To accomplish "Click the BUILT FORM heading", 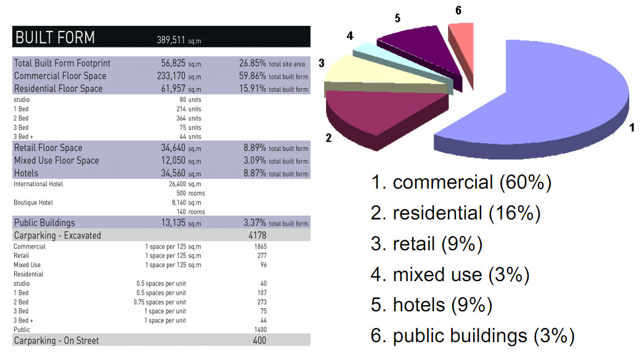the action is pos(55,37).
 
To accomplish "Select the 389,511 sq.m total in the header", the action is pos(179,40).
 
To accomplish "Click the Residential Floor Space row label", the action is pos(58,89).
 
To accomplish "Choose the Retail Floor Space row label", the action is pos(48,148).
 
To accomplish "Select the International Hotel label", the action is pos(38,184).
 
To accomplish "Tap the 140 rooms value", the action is pos(191,211).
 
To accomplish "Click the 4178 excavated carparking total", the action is pos(257,235).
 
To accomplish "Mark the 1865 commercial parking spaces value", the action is pos(261,247).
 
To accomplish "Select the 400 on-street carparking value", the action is pos(259,340).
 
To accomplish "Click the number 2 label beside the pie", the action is pos(328,138).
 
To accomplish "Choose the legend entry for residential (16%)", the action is pos(455,213).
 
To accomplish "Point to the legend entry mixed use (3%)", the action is pos(450,275).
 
